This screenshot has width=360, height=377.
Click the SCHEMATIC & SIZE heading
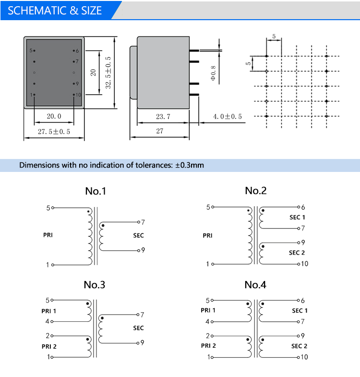point(55,11)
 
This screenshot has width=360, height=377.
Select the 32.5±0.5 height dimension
point(108,72)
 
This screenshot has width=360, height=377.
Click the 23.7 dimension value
point(163,117)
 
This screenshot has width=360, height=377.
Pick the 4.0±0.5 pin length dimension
point(228,117)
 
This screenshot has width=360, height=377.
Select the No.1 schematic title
point(95,191)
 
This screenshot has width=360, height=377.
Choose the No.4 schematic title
point(255,285)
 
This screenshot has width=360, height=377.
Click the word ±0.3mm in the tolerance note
point(190,165)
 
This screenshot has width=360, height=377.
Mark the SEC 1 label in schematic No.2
point(297,218)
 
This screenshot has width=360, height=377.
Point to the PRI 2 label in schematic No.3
point(48,346)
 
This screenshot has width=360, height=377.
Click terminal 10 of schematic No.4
point(304,357)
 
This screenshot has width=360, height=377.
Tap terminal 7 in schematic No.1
point(143,222)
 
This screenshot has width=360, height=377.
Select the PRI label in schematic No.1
point(48,235)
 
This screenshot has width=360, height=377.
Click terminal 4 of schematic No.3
point(48,322)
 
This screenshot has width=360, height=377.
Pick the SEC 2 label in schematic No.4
point(299,346)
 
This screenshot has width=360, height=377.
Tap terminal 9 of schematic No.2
point(303,243)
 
